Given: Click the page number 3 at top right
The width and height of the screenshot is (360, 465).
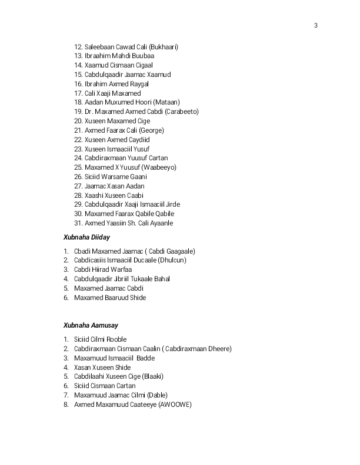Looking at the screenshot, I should pos(316,25).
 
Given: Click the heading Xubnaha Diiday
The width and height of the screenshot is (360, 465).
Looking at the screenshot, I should pos(86,237).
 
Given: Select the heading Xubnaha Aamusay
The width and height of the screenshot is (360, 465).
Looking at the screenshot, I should pos(91,325).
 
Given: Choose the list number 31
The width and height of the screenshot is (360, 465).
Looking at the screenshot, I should pos(78,223).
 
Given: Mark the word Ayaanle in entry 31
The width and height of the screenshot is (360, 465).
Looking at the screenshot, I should pos(160,223).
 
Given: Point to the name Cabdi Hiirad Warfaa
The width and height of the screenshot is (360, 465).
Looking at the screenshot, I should pos(103,269).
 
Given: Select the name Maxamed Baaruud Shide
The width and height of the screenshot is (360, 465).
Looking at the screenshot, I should pos(110,298).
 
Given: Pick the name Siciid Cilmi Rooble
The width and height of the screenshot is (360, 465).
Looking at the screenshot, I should pos(101,339).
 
